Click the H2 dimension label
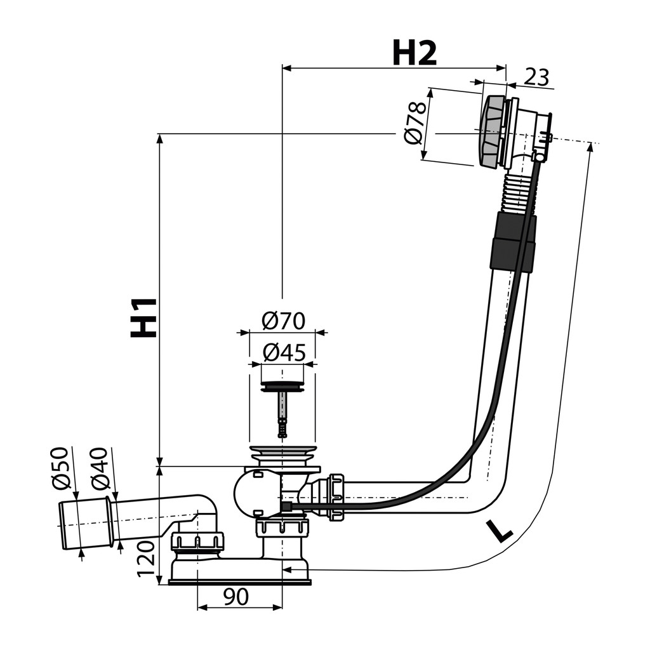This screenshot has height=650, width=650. pos(414,53)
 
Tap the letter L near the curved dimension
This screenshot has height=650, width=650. pos(500,531)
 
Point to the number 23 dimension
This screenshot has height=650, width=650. pos(537,77)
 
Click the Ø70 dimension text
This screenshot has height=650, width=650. pos(284,321)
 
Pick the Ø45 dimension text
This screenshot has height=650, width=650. pos(284,352)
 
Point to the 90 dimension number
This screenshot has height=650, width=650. pos(236,596)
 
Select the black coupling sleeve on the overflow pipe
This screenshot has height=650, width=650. pos(513,241)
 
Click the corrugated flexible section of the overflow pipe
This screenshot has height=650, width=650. pos(517,193)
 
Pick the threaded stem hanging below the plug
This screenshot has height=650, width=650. pos(282,414)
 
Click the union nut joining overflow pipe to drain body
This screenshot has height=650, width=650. pos(336,497)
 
